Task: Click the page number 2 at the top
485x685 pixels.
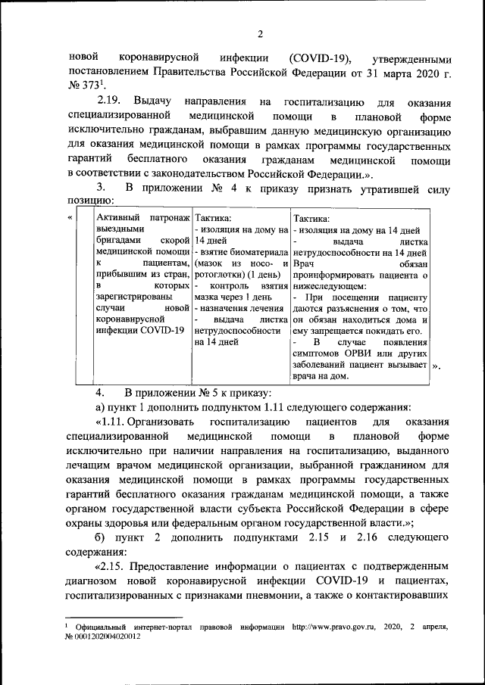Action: tap(259, 33)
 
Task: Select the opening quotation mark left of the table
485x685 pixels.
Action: tap(70, 218)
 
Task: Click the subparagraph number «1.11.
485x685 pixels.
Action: tap(108, 422)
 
